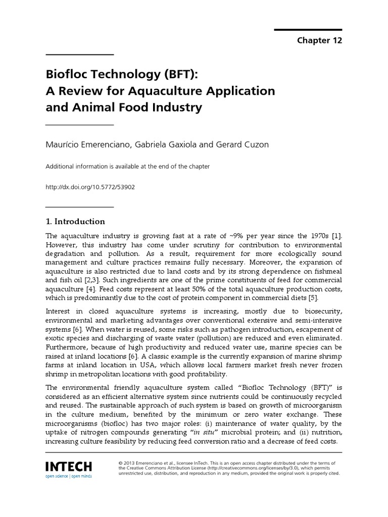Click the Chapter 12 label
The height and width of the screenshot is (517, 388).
coord(319,40)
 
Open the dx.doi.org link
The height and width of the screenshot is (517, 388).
coord(90,186)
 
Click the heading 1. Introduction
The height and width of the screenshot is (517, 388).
coord(75,221)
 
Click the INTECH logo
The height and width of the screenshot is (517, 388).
coord(68,466)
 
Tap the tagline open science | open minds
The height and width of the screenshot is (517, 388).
coord(68,476)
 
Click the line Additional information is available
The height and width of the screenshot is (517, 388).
coord(128,166)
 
